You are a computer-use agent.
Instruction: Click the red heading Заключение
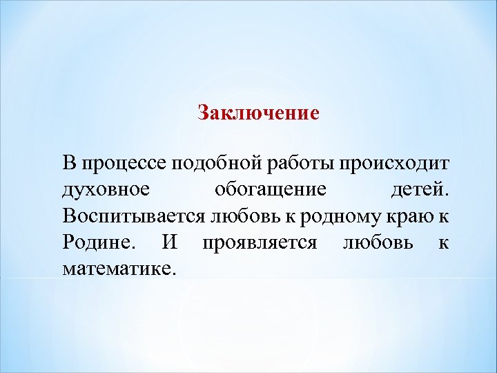pyautogui.click(x=258, y=113)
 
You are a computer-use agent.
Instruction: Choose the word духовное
pyautogui.click(x=104, y=190)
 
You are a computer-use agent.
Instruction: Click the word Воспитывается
pyautogui.click(x=132, y=216)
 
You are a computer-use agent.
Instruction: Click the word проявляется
pyautogui.click(x=259, y=243)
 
